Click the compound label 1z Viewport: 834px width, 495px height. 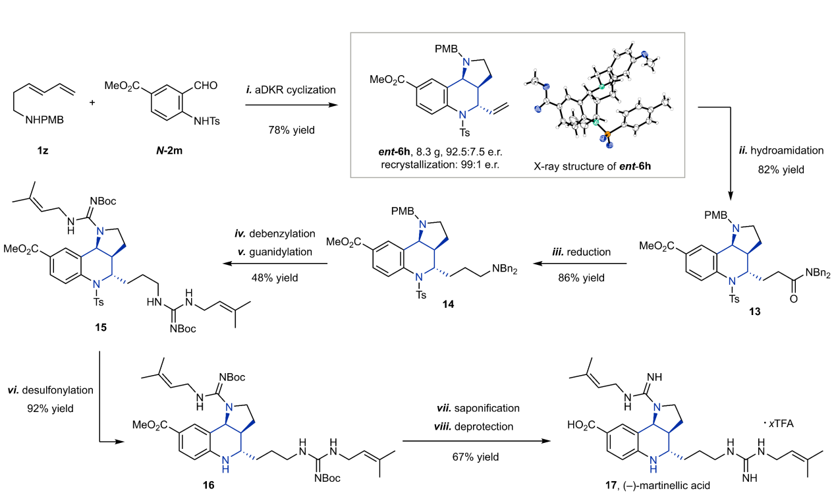(42, 151)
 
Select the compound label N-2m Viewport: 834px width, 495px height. (169, 151)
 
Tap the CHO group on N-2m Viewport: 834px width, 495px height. (206, 86)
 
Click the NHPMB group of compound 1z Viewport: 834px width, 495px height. (44, 120)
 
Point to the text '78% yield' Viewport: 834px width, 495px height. (292, 130)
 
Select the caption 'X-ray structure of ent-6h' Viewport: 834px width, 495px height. (592, 166)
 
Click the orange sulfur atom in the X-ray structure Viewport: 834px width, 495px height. (607, 134)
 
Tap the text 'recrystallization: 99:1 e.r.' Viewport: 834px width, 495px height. (440, 164)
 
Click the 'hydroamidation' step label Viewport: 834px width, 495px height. (787, 150)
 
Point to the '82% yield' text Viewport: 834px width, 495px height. (781, 169)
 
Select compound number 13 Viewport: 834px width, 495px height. (755, 311)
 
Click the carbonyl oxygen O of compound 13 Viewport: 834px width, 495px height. (793, 299)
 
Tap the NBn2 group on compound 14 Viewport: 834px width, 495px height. (505, 269)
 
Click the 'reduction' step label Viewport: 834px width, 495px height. (589, 252)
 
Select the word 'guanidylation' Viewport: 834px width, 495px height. (281, 252)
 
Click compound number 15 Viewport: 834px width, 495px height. (101, 328)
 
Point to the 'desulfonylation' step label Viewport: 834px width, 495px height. (58, 390)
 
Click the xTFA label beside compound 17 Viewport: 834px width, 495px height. (781, 424)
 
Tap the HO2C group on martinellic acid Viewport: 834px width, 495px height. (581, 425)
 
